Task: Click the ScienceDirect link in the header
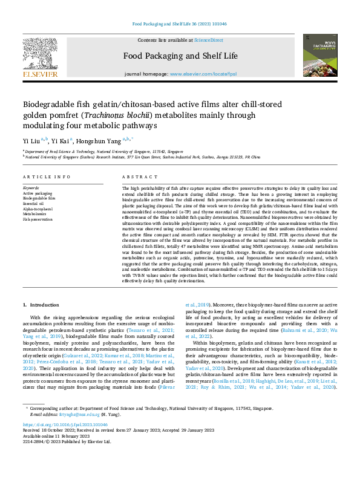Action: point(208,40)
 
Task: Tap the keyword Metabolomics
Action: point(35,213)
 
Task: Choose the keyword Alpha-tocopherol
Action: point(38,209)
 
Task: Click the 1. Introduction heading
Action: point(41,305)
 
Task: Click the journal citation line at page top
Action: point(180,24)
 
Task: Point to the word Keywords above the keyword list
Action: point(31,189)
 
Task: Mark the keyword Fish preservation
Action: point(38,218)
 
